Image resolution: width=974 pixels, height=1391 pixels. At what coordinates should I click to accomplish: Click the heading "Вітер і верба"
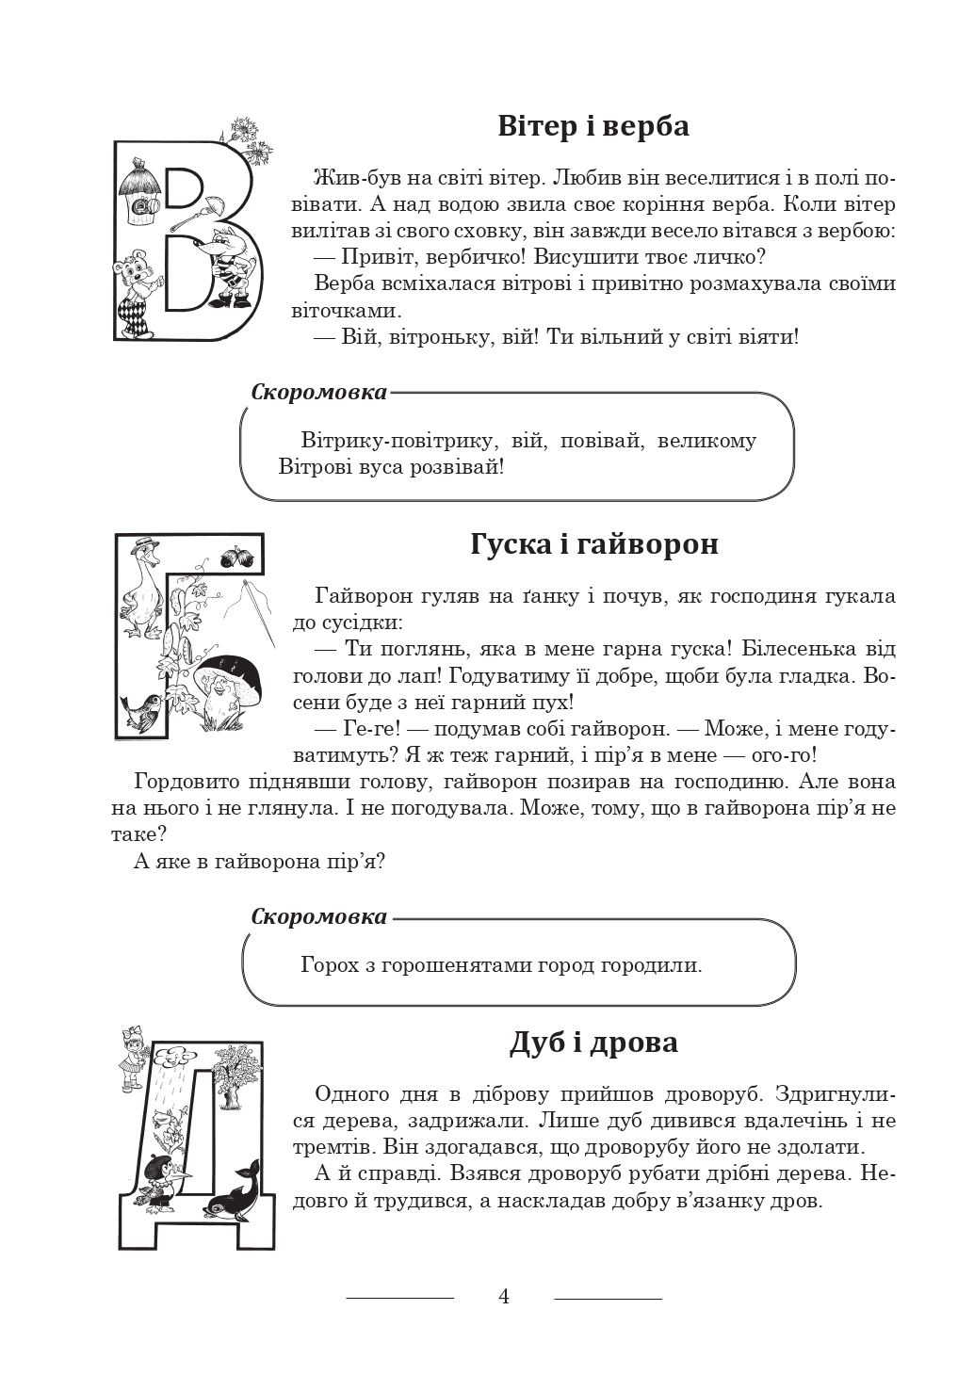coord(593,126)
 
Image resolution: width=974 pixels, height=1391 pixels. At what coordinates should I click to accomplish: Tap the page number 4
coord(504,1297)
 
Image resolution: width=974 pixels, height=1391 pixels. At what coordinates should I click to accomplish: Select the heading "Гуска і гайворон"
coord(593,544)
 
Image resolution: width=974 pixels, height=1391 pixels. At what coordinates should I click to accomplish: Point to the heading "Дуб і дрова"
coord(593,1043)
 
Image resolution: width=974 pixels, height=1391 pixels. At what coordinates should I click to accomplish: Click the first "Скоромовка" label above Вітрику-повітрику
coord(319,392)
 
